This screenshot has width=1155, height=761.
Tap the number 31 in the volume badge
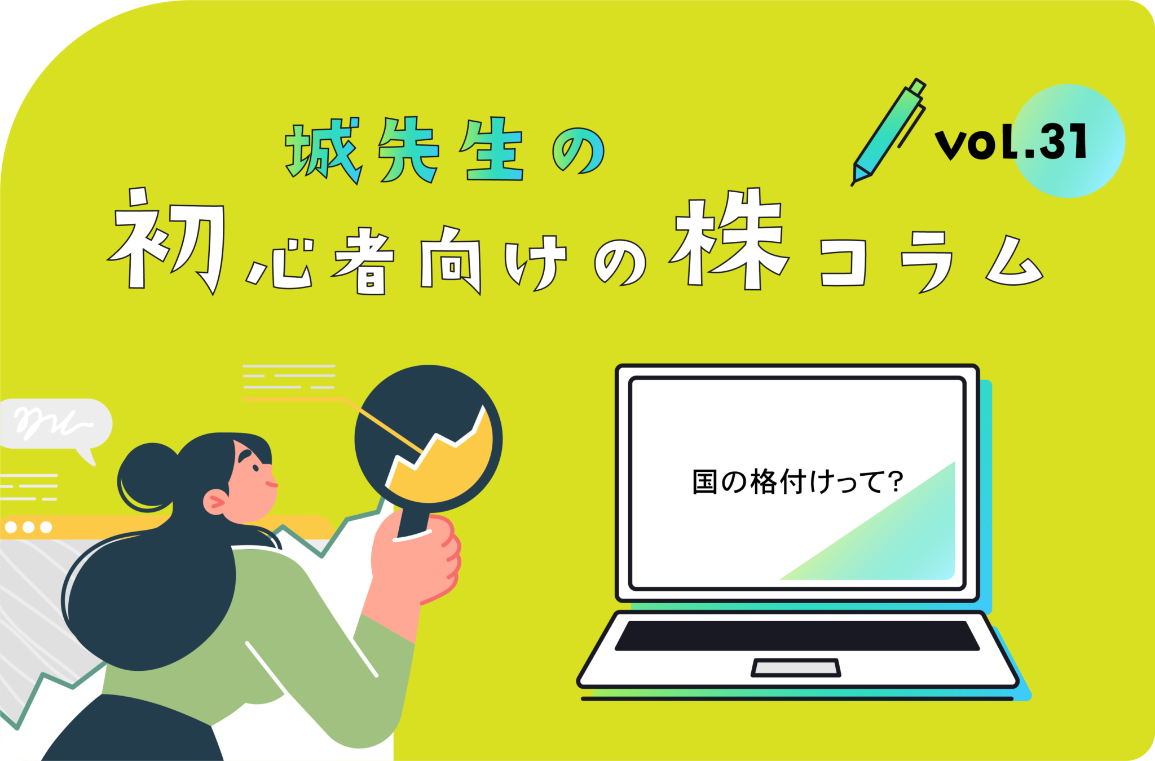point(1063,141)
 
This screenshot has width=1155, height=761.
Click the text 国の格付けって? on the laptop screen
point(797,483)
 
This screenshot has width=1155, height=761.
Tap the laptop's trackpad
point(796,667)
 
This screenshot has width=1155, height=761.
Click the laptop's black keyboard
point(796,636)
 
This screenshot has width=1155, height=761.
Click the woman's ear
point(215,501)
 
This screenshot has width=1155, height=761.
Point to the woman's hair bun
point(146,476)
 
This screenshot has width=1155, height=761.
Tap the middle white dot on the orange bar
point(28,527)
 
